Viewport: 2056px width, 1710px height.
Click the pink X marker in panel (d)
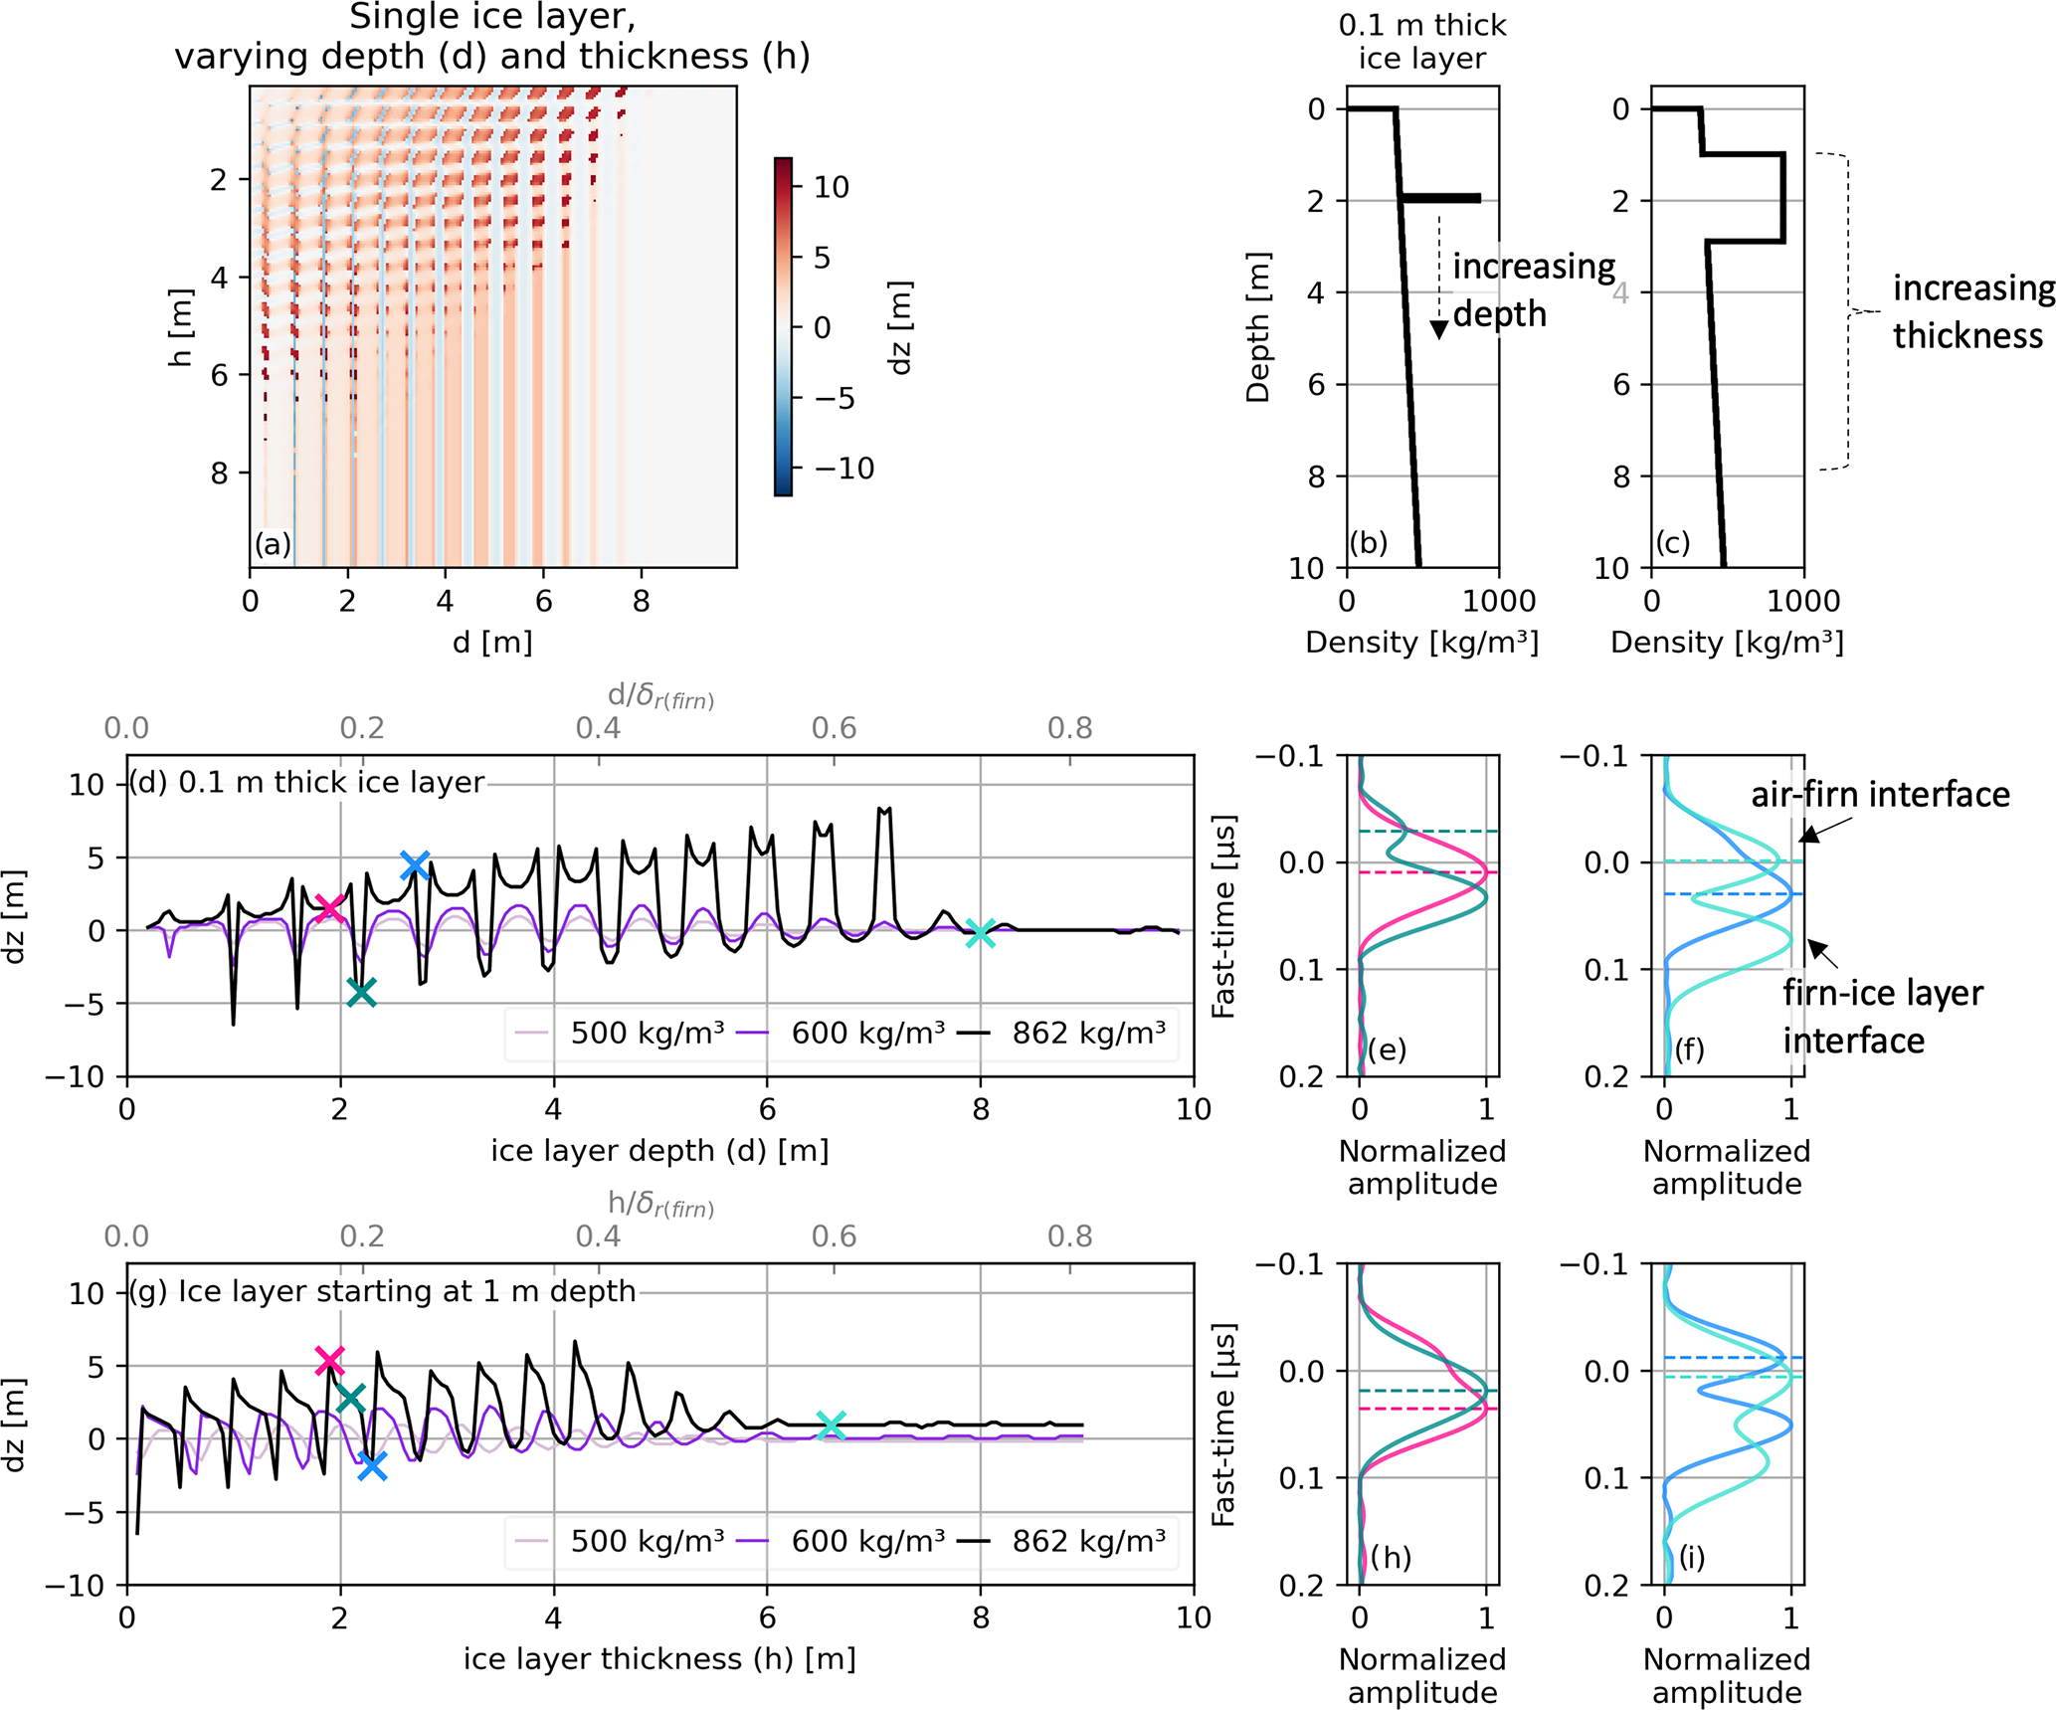point(329,908)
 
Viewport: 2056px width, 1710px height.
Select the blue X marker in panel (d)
point(415,865)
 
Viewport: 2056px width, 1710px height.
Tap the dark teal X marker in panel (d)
point(361,992)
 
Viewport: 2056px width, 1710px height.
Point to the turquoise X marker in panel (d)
point(980,933)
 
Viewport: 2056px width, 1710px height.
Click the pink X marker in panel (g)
point(329,1360)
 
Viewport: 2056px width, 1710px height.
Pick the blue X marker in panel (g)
point(372,1465)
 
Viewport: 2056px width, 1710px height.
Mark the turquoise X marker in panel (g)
point(831,1425)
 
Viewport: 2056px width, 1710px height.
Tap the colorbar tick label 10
point(832,187)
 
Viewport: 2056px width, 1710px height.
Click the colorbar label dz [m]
point(899,327)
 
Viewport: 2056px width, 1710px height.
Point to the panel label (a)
point(273,543)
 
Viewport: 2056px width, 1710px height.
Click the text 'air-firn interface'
point(1880,794)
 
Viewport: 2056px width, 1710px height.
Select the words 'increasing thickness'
point(1972,311)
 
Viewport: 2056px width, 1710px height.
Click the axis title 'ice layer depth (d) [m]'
point(659,1150)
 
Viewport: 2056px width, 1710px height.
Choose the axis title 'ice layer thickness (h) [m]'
point(659,1658)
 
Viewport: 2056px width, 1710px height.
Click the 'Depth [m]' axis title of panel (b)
point(1258,327)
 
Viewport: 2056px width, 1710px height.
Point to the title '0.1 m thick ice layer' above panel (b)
point(1422,42)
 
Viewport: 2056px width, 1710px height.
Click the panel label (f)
point(1689,1049)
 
